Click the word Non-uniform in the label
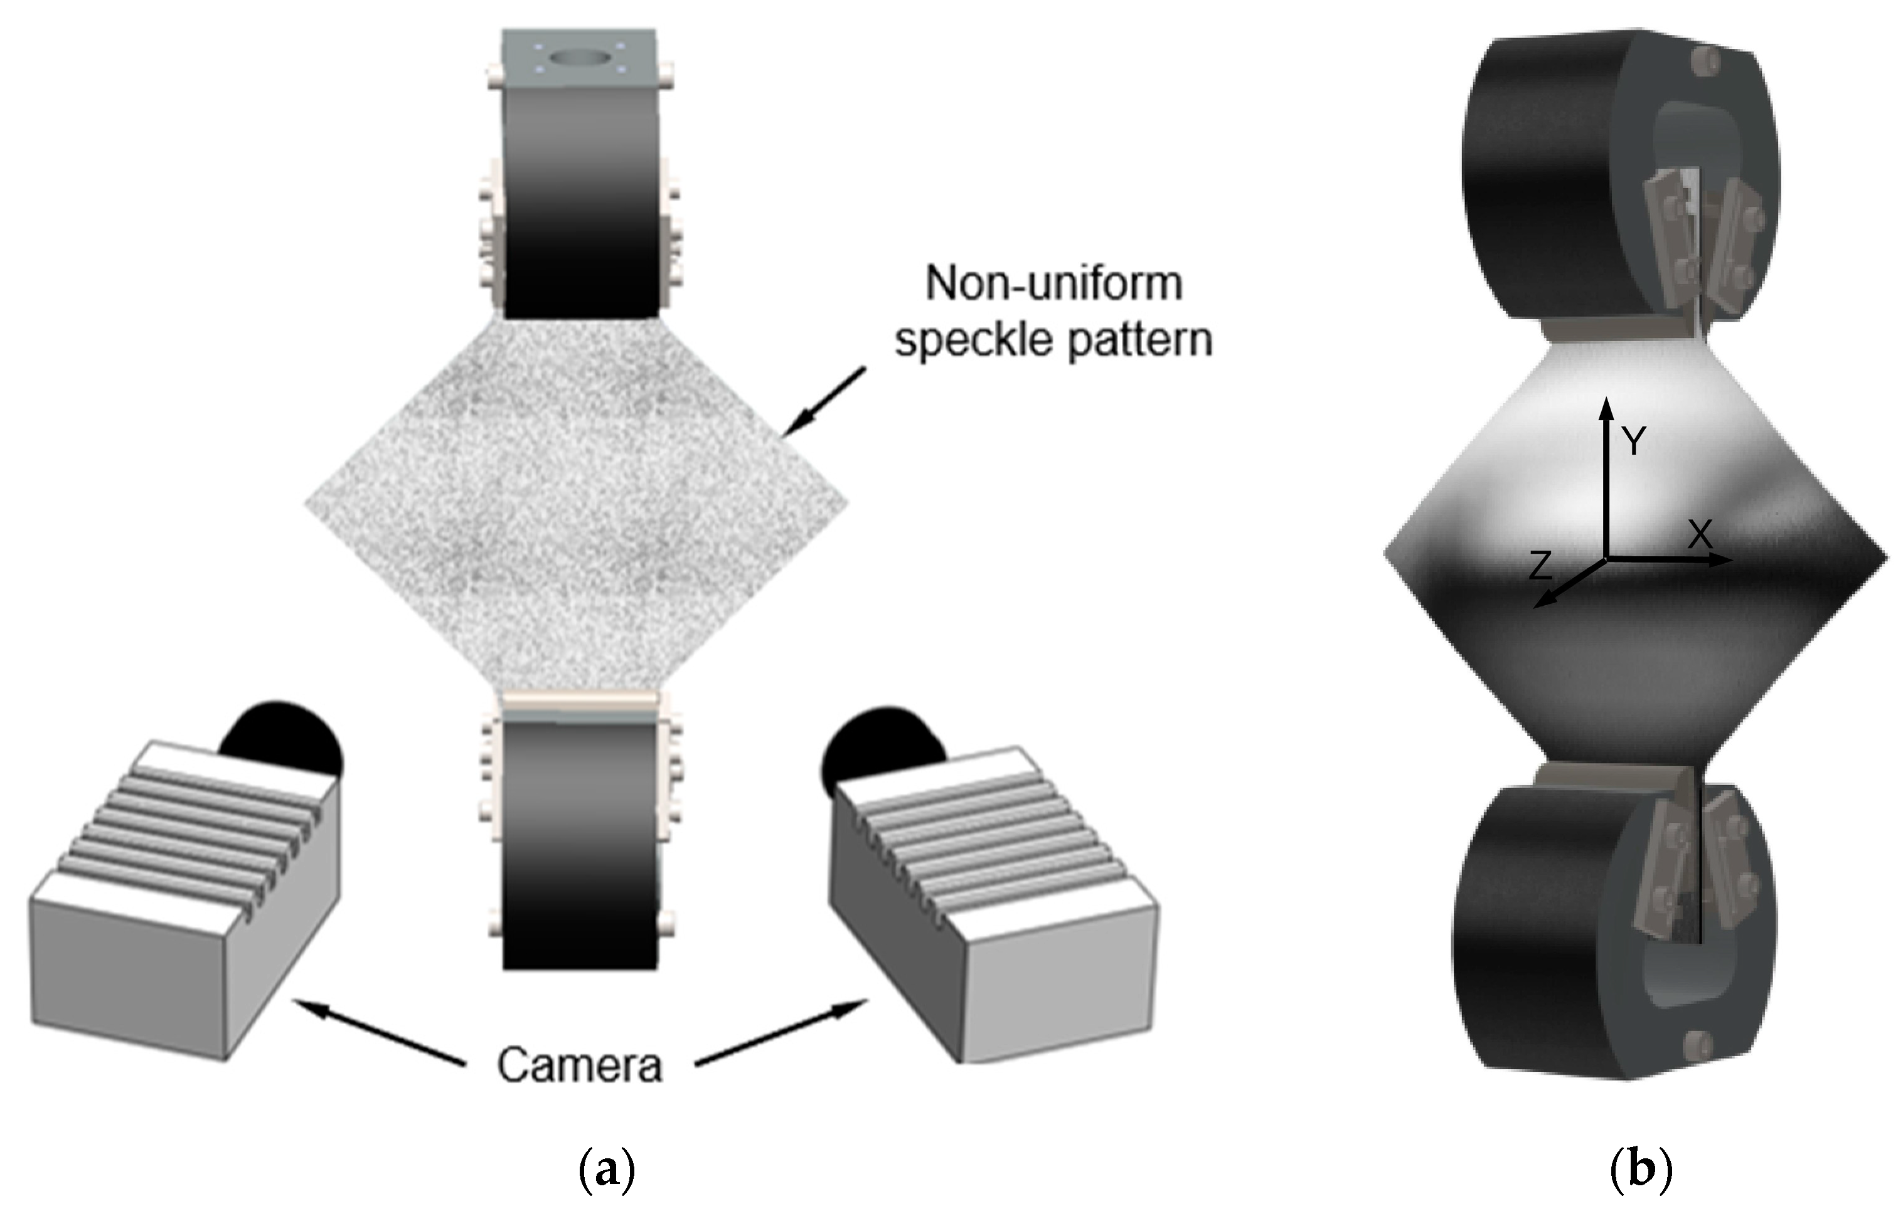pos(1053,283)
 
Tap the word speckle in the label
pos(974,341)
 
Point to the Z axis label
pos(1541,566)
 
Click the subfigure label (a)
pos(606,1171)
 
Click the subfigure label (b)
pos(1641,1171)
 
